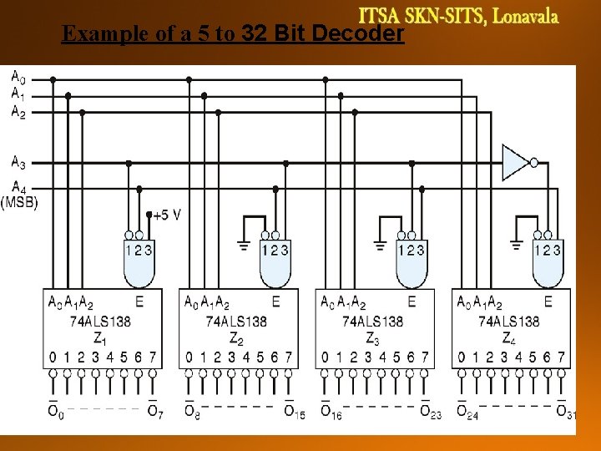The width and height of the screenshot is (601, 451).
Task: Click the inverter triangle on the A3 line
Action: tap(515, 162)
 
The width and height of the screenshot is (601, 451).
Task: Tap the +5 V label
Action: tap(166, 215)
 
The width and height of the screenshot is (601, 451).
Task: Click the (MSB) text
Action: tap(19, 202)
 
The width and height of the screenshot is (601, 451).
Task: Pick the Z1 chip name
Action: tap(100, 337)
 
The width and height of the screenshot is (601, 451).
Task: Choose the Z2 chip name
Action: tap(237, 337)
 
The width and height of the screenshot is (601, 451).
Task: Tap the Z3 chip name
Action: tap(372, 337)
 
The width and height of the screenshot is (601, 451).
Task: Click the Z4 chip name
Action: tap(509, 337)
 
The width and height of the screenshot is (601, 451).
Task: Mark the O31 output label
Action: tap(565, 411)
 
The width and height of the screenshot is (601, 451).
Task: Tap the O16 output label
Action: tap(331, 411)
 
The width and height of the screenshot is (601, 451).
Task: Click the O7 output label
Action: tap(154, 411)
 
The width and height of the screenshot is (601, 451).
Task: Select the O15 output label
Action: tap(293, 411)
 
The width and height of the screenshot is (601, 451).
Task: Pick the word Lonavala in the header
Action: tap(525, 16)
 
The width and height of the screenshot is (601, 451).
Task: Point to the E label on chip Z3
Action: tap(411, 302)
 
